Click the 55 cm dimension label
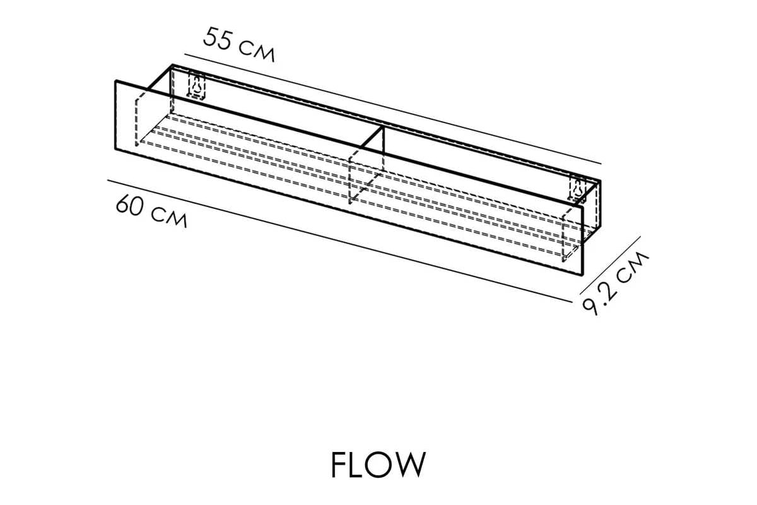coord(239,45)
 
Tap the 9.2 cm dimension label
coord(615,283)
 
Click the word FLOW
coord(378,465)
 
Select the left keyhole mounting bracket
coord(197,85)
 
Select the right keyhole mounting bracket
coord(578,189)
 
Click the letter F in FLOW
coord(338,465)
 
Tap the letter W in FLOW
coord(409,465)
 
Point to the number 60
coord(130,205)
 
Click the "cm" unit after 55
coord(257,53)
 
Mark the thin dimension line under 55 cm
coord(392,109)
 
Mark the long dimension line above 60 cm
coord(340,241)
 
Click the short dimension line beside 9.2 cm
coord(611,265)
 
